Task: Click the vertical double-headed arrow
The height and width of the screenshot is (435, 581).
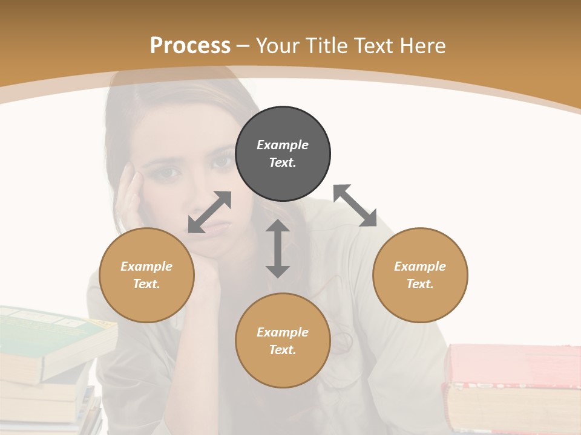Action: point(278,248)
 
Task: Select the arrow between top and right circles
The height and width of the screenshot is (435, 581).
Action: point(355,205)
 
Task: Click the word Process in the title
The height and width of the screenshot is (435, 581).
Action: point(190,45)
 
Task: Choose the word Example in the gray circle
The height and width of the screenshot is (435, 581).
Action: point(283,145)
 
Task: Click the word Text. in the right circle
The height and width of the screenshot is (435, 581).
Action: point(420,284)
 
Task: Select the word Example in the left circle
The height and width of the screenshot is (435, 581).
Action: point(146,266)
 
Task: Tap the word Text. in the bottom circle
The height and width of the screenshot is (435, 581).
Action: point(283,350)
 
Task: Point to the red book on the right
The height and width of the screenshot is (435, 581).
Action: point(511,362)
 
